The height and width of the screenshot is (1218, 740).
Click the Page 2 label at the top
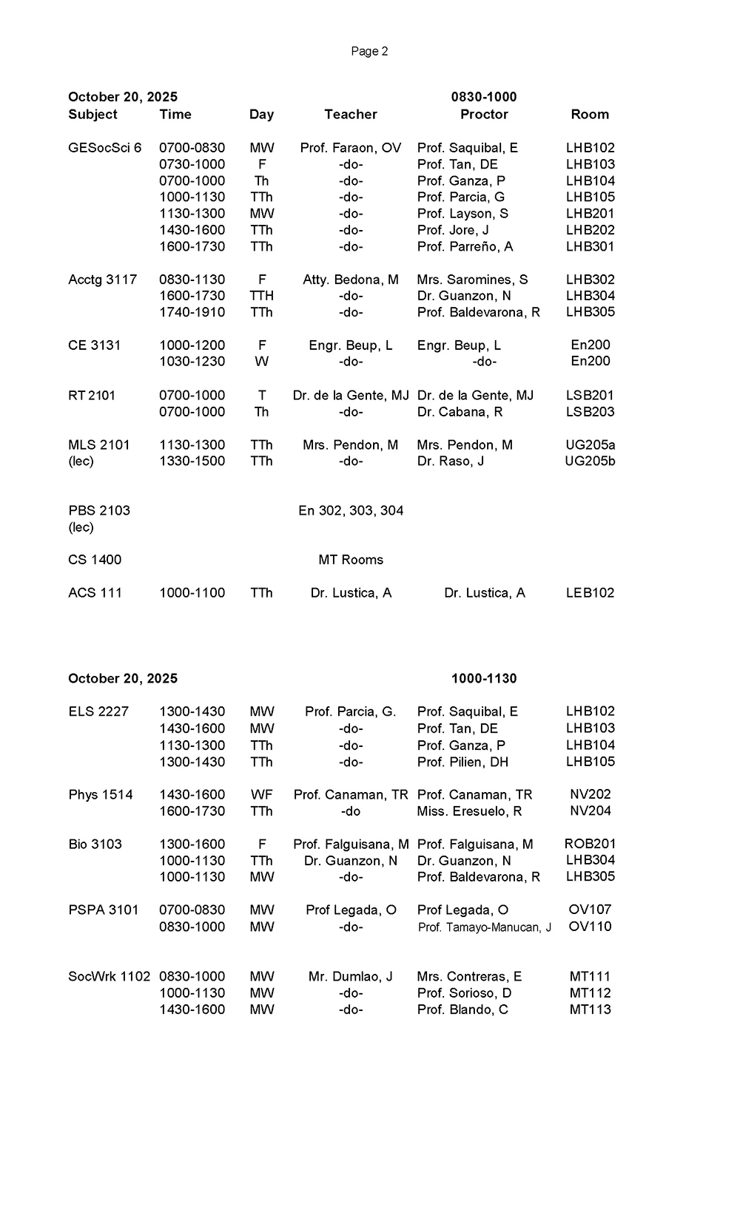369,51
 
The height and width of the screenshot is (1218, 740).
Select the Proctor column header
484,115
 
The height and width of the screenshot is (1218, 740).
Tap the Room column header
590,115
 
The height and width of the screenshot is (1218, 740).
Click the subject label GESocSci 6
104,148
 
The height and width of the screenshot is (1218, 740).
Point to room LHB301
590,246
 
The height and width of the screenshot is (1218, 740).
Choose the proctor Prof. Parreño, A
465,246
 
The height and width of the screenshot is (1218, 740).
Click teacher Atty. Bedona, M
350,280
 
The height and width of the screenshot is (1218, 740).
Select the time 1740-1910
192,312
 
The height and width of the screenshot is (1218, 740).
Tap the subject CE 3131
94,345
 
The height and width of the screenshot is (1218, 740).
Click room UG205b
590,461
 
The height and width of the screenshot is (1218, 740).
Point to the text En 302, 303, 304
351,511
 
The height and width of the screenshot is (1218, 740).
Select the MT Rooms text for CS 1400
351,560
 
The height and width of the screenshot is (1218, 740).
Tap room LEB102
590,593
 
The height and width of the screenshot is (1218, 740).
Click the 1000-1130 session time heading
484,679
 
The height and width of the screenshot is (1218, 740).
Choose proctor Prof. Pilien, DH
462,762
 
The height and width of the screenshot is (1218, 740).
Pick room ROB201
590,844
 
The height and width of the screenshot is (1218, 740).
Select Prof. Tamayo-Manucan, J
484,927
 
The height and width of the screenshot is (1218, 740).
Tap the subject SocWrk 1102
109,977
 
